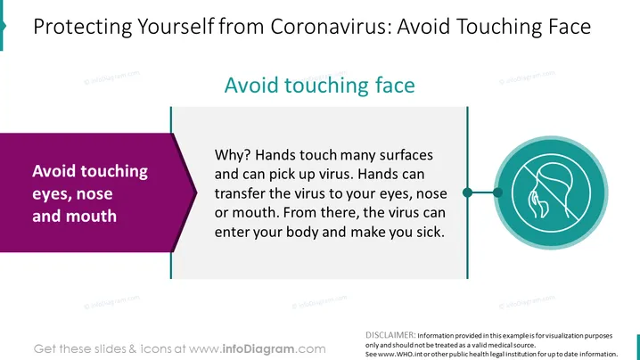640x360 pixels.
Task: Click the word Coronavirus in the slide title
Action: click(331, 27)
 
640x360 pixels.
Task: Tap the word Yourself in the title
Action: click(176, 27)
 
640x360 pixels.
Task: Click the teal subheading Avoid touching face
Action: click(320, 86)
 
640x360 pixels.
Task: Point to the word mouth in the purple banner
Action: click(94, 216)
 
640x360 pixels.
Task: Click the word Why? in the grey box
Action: click(233, 155)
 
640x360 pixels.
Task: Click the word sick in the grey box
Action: click(433, 232)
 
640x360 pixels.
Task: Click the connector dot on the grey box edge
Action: click(468, 192)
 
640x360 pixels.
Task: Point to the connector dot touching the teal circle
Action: click(497, 192)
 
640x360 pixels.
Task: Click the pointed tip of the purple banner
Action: click(197, 192)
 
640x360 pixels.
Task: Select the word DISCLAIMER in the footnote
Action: click(390, 335)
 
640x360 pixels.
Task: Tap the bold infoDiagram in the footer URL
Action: click(258, 349)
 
